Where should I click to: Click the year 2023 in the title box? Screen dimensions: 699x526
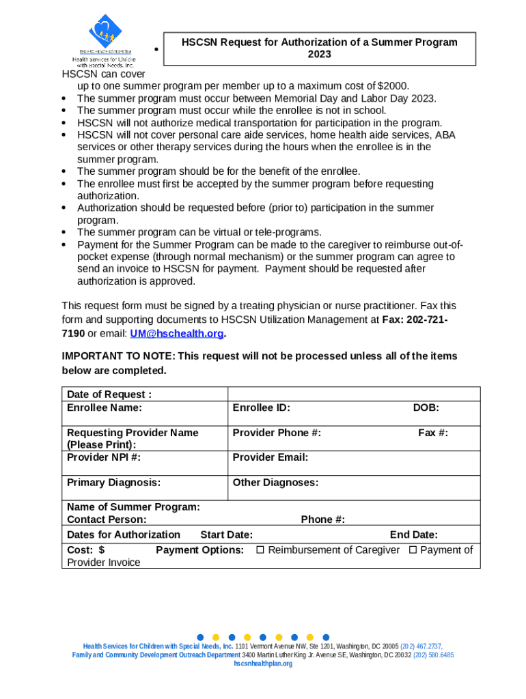[320, 54]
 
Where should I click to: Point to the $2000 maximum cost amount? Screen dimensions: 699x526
[393, 86]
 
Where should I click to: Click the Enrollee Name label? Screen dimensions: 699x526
[105, 408]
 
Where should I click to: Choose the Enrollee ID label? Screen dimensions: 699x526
[262, 408]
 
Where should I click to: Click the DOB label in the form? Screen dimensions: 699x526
[426, 408]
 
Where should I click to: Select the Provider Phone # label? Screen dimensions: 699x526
[277, 433]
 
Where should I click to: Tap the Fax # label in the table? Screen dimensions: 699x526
[433, 433]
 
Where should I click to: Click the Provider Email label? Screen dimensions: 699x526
[271, 457]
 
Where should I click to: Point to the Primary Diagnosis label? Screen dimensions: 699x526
[114, 483]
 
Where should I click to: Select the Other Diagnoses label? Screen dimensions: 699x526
[275, 483]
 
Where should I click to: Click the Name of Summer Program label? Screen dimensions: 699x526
[133, 507]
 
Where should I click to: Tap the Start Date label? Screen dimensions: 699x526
[226, 535]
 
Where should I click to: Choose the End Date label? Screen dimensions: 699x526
[414, 535]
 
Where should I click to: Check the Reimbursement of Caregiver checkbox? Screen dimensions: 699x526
[260, 550]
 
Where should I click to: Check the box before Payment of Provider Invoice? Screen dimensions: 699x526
[413, 550]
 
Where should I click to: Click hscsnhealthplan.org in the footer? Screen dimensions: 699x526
[263, 664]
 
